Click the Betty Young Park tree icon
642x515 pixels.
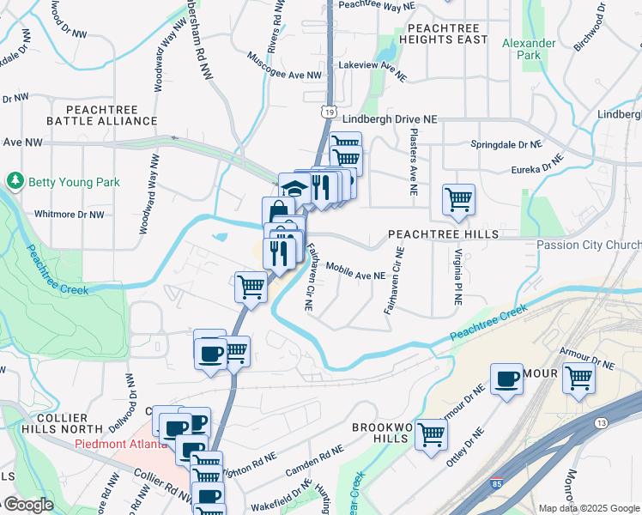coord(15,181)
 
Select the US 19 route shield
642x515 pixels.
coord(329,111)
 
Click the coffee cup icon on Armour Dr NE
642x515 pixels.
coord(507,379)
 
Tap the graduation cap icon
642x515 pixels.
coord(294,188)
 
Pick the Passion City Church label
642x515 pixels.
coord(589,245)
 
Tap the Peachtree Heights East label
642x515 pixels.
coord(442,33)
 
